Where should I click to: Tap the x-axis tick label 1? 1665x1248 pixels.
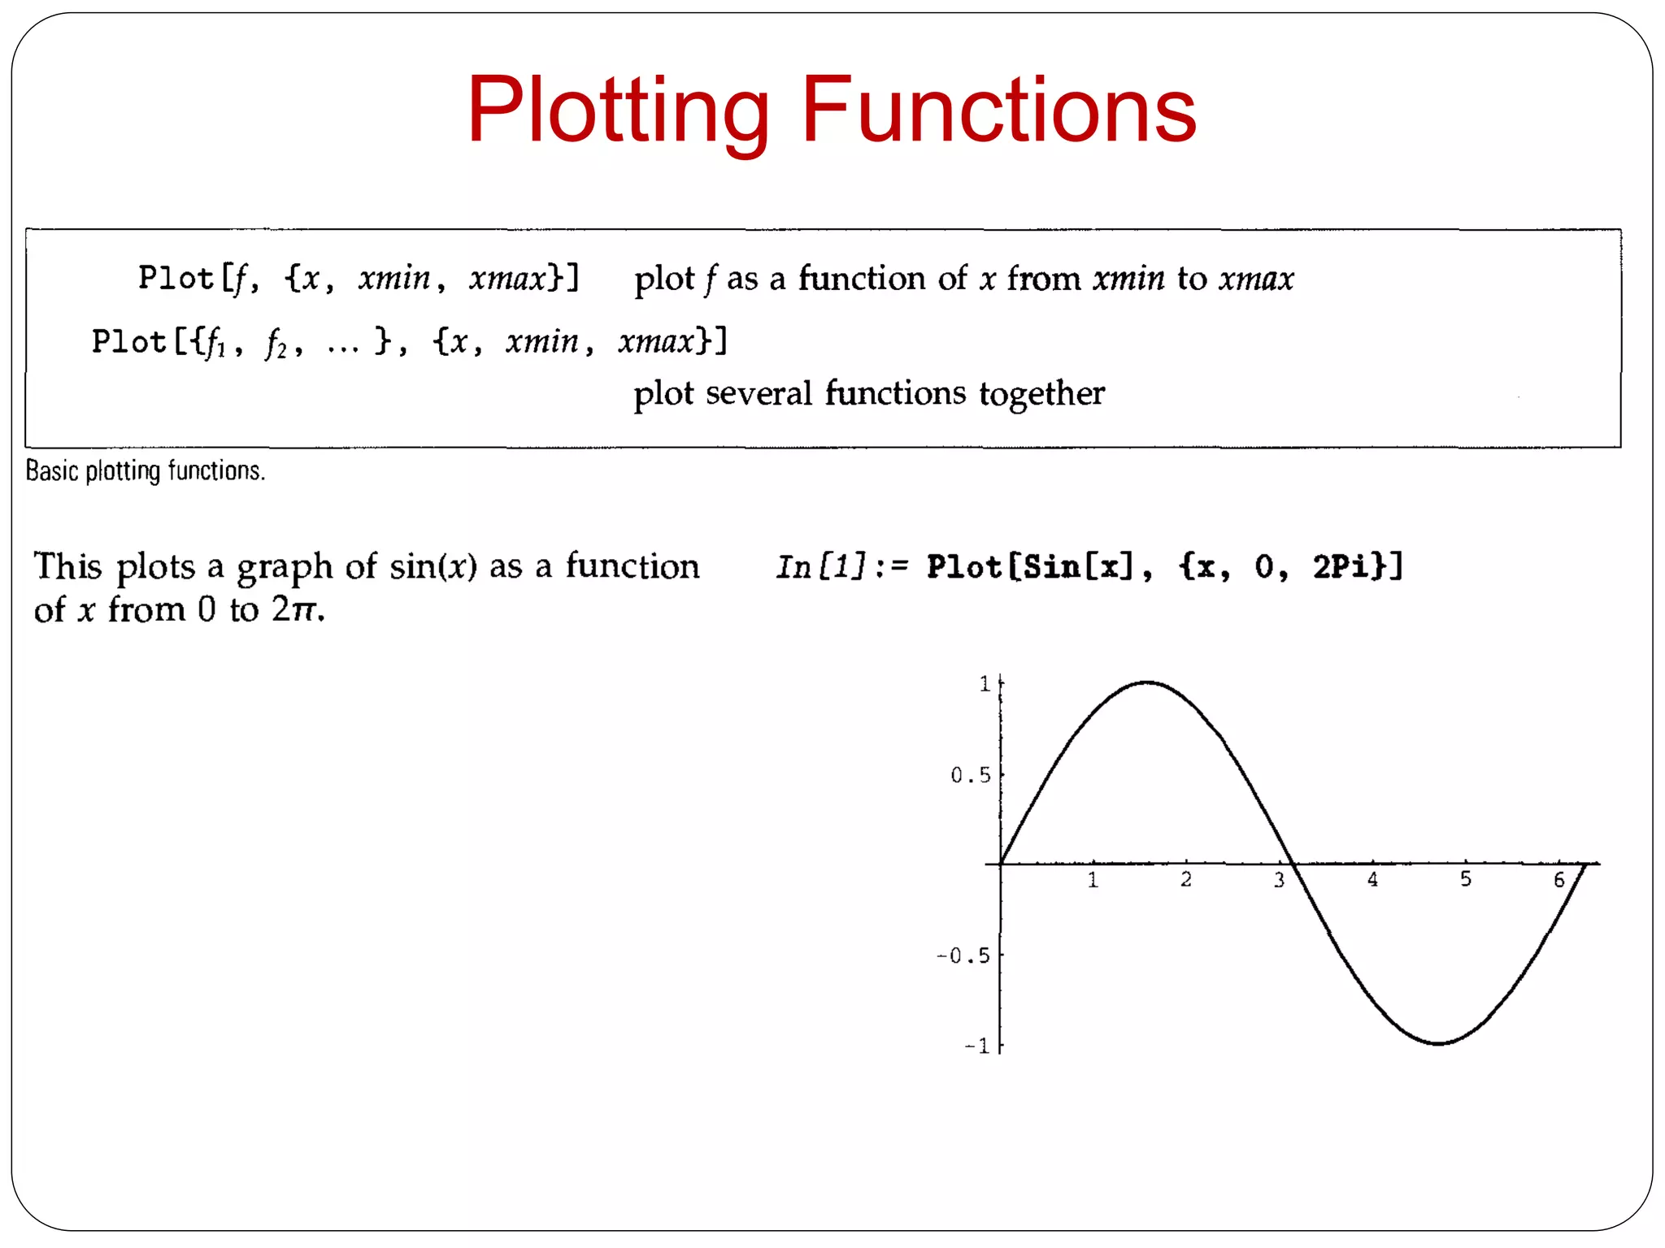[1093, 880]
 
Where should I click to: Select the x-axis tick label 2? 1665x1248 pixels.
[1186, 880]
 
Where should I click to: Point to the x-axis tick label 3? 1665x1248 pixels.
[1279, 880]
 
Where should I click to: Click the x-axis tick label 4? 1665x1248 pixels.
[1372, 880]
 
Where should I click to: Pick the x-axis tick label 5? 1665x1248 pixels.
[1466, 880]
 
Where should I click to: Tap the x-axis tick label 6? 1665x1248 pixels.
[1558, 880]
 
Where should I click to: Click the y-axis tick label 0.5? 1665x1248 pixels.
[971, 776]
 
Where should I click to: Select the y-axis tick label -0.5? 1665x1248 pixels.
[963, 956]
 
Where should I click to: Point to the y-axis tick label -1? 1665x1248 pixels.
[976, 1046]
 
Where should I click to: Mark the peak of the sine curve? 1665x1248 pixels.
[1147, 682]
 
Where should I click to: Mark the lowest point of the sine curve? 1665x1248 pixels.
[1438, 1044]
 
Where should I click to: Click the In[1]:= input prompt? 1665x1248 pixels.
[841, 567]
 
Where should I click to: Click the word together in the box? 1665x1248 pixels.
[1041, 394]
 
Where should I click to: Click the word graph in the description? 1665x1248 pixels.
[285, 567]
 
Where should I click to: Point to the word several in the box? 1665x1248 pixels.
[759, 394]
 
